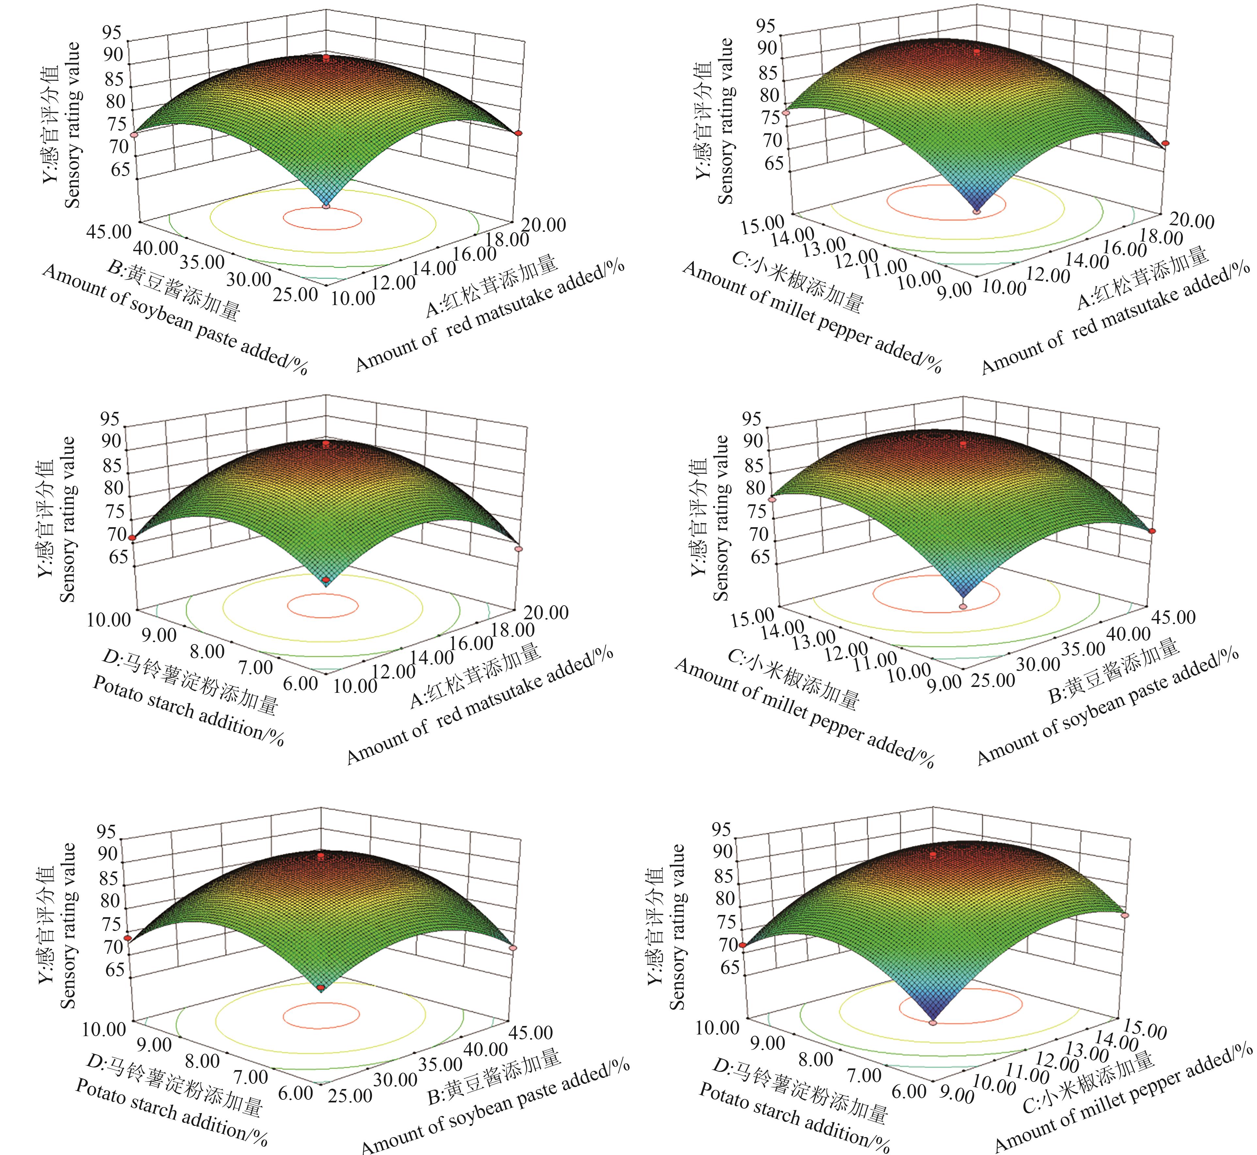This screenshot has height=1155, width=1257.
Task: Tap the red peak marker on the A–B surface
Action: [326, 57]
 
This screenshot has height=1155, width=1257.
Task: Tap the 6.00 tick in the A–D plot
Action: [300, 683]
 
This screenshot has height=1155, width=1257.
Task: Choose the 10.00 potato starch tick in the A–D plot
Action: [109, 619]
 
